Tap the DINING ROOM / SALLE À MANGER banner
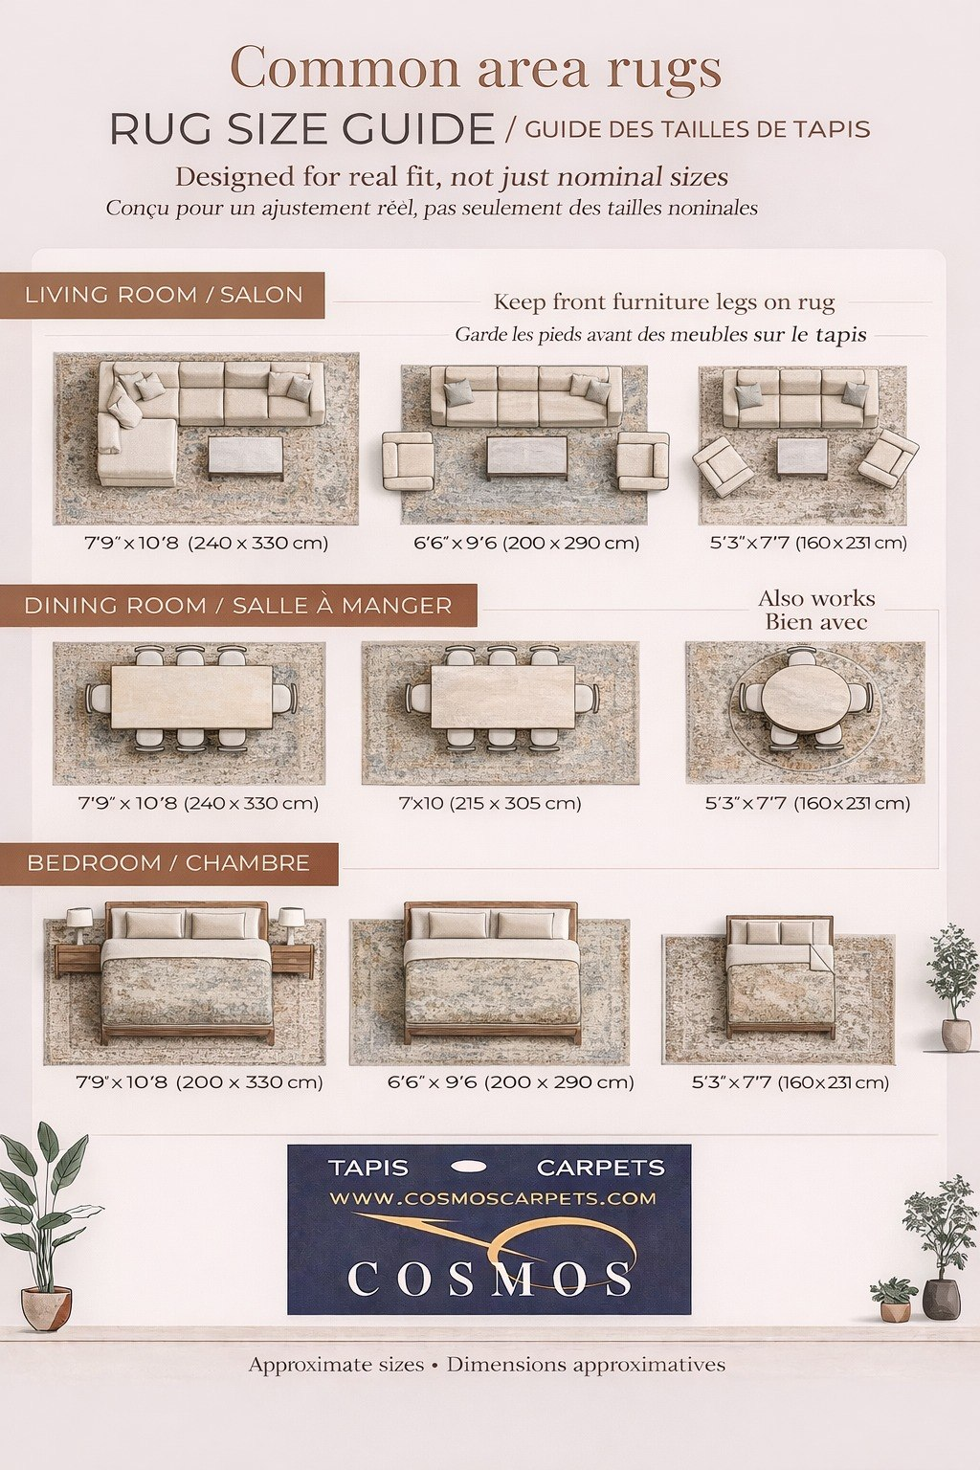pos(238,605)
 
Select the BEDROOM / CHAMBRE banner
pos(168,863)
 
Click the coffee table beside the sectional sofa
pos(246,457)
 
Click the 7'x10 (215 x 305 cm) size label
pos(490,803)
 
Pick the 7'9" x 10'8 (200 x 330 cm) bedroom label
pos(200,1081)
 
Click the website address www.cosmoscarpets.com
pos(492,1198)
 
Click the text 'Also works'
pos(816,598)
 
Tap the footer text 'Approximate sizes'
pos(336,1365)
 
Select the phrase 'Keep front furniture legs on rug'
pos(663,302)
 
